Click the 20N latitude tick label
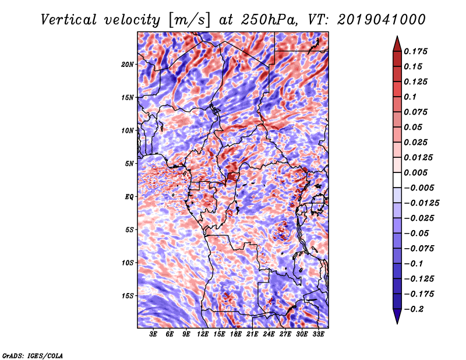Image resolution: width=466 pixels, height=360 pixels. click(128, 65)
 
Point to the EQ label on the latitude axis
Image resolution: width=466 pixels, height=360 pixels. click(129, 197)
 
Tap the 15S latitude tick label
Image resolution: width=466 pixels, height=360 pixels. click(128, 296)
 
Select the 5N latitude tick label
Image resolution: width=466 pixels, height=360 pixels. click(129, 164)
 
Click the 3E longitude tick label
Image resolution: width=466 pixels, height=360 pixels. click(153, 334)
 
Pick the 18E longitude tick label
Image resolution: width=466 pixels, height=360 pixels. click(236, 334)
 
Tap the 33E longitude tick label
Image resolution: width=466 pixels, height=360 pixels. click(318, 334)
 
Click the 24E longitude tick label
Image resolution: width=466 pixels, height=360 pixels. click(269, 334)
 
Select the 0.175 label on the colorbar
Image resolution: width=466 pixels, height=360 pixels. click(415, 51)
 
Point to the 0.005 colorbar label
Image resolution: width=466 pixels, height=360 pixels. click(415, 172)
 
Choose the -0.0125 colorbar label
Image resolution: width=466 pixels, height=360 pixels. click(421, 203)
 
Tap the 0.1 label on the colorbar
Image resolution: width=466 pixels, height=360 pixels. click(410, 97)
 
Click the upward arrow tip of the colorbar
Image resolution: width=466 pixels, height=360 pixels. click(397, 36)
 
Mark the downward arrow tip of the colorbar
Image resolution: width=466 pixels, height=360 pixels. click(397, 323)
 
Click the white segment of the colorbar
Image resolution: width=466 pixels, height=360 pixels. click(397, 180)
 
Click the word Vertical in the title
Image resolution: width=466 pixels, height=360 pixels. click(69, 20)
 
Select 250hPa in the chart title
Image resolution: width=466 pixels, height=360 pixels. click(269, 20)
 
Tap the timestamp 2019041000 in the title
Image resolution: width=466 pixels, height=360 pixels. click(382, 20)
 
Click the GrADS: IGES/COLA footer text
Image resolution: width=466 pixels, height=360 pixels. click(33, 356)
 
